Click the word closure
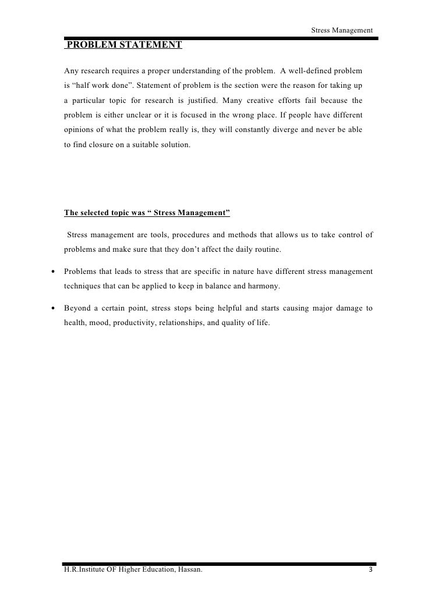[104, 147]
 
